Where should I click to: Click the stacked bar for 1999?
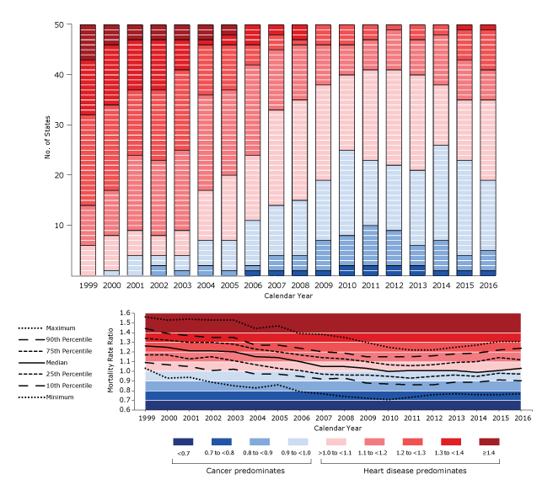[x=88, y=150]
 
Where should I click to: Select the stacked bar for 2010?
[x=346, y=150]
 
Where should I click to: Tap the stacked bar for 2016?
[x=487, y=150]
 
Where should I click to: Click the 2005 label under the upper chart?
[x=229, y=286]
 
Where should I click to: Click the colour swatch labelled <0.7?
[x=183, y=441]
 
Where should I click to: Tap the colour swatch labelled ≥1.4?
[x=490, y=441]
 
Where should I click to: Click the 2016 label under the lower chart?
[x=523, y=418]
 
